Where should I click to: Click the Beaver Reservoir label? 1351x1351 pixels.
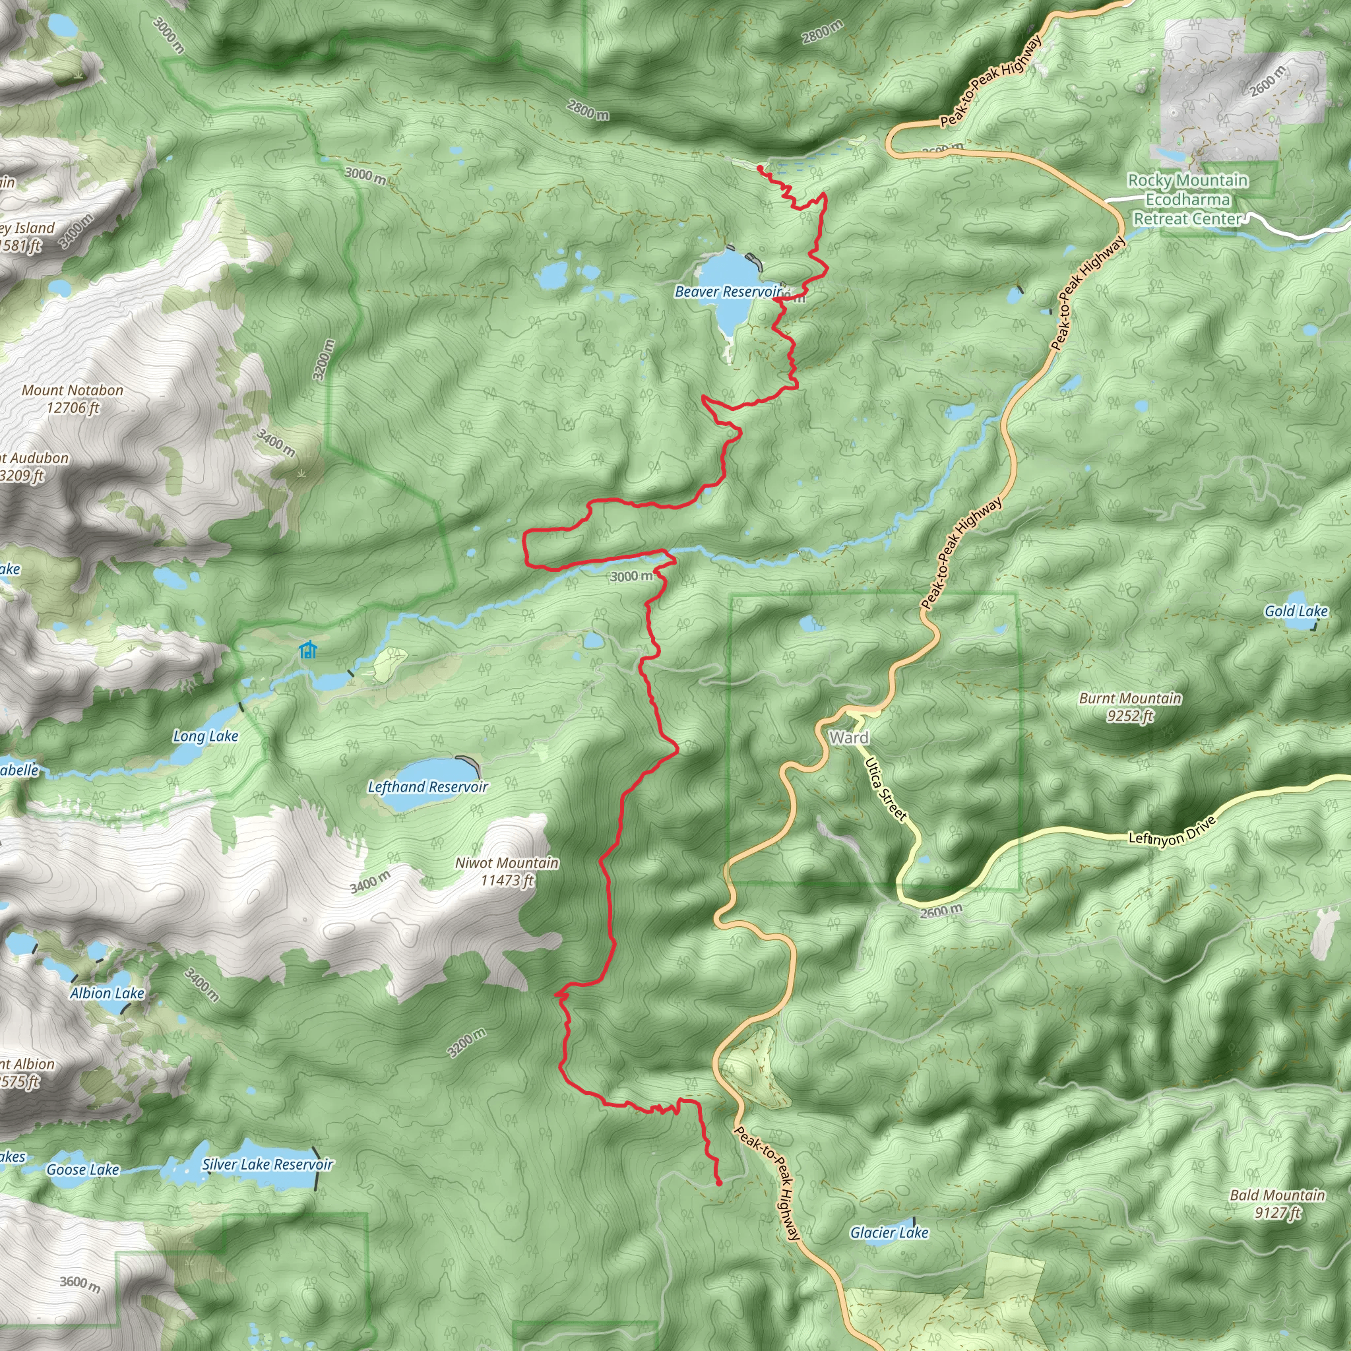[x=727, y=292]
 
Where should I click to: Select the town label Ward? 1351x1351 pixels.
[x=849, y=738]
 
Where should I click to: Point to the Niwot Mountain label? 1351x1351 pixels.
[x=507, y=871]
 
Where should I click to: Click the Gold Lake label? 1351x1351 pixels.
[x=1296, y=611]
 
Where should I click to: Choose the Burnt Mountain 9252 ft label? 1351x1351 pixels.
[x=1130, y=707]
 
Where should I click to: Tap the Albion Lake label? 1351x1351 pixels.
[x=107, y=993]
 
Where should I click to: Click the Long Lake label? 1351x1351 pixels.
[x=206, y=736]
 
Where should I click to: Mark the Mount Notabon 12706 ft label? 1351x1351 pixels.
[x=73, y=398]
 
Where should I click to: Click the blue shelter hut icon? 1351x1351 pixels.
[x=307, y=650]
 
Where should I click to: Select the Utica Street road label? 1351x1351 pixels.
[x=885, y=789]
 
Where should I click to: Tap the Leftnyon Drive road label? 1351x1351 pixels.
[x=1173, y=830]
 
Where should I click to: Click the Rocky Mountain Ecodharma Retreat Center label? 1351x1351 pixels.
[x=1187, y=200]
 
